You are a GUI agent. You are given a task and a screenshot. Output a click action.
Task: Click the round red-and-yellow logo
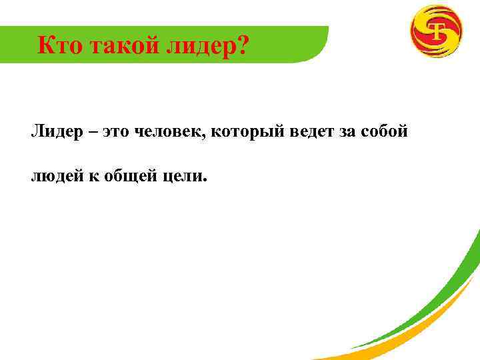[x=436, y=31]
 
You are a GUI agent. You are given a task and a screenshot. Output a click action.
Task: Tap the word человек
[x=169, y=132]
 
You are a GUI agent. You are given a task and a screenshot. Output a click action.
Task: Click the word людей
[x=54, y=176]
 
